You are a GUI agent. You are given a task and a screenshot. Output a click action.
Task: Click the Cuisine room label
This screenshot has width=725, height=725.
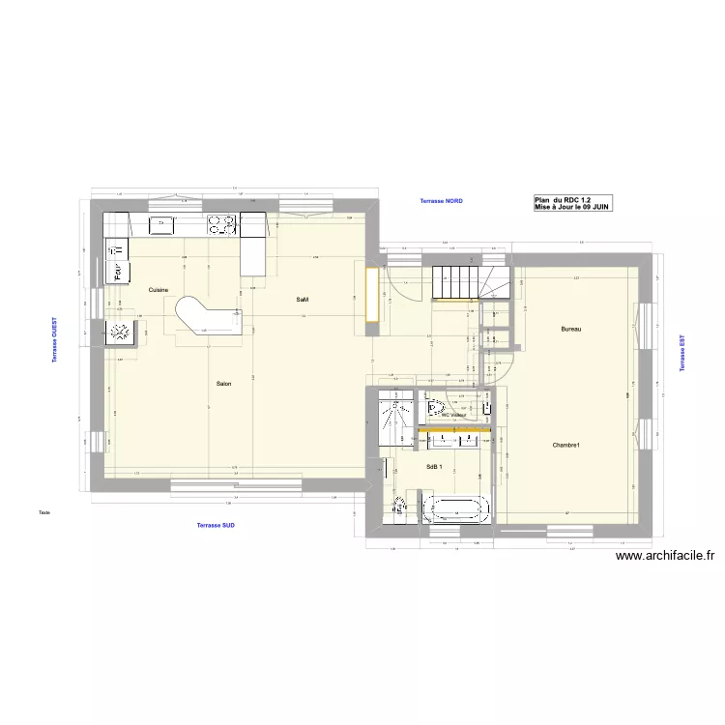[x=159, y=290]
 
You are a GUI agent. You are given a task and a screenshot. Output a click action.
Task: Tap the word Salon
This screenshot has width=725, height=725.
[x=223, y=385]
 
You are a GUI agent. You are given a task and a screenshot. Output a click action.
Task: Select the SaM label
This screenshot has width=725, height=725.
[x=302, y=301]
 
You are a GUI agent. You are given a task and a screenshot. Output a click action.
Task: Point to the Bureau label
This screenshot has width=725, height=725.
[x=571, y=330]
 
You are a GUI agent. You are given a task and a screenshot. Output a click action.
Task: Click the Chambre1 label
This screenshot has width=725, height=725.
[x=565, y=446]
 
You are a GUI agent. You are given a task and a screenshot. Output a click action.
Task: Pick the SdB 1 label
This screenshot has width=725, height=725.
[x=434, y=467]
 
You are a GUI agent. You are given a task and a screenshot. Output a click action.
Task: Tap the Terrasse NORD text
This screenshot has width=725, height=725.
[x=441, y=201]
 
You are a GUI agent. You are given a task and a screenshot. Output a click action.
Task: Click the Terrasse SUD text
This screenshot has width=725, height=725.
[x=216, y=525]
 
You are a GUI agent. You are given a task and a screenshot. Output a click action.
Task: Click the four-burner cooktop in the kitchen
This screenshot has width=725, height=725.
[x=221, y=224]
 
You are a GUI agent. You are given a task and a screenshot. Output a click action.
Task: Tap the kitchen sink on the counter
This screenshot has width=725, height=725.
[x=160, y=224]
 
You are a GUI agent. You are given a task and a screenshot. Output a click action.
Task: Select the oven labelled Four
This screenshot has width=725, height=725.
[x=116, y=274]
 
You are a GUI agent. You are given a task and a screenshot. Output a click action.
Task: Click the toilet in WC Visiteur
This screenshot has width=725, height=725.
[x=432, y=410]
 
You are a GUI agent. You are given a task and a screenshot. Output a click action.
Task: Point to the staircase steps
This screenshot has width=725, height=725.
[x=455, y=282]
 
